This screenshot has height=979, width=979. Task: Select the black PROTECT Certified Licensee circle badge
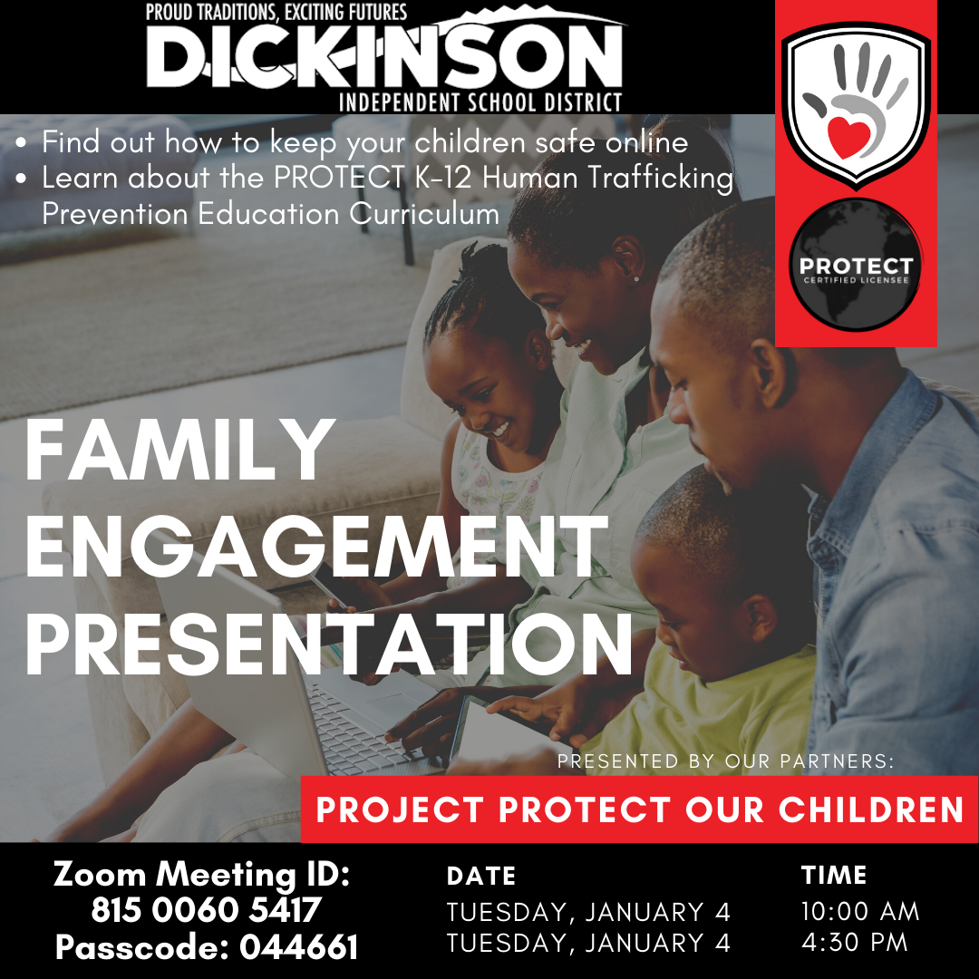pos(856,266)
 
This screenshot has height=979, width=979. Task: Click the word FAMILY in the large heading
pos(179,449)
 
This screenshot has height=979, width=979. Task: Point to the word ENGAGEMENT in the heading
pos(316,547)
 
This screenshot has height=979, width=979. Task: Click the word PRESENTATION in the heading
pos(329,644)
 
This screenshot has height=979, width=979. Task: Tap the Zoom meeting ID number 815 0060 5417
pos(206,910)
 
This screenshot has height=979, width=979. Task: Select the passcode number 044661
pos(298,947)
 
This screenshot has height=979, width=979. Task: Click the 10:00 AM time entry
pos(860,912)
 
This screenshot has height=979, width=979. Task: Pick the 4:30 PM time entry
pos(854,942)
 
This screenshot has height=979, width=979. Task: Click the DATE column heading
pos(481,876)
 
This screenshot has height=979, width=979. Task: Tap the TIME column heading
pos(834,876)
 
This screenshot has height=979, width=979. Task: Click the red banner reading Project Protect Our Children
pos(639,809)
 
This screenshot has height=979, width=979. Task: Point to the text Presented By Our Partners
pos(725,761)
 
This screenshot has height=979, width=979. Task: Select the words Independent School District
pos(480,102)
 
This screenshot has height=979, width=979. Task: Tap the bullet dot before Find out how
pos(22,143)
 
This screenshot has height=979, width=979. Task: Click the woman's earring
pos(636,278)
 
